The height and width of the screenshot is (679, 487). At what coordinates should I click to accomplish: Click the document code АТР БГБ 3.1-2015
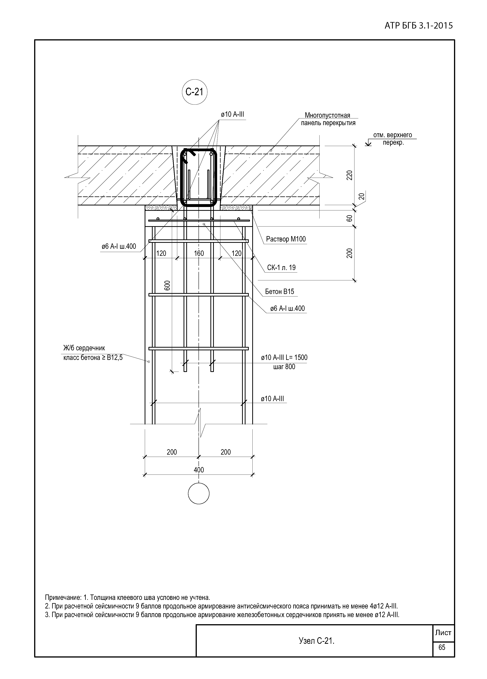pos(418,26)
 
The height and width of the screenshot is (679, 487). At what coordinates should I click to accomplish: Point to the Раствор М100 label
pos(286,239)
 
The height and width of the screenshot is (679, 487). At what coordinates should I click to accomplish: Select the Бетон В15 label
pos(279,291)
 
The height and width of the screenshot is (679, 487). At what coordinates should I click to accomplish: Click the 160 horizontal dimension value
pos(199,253)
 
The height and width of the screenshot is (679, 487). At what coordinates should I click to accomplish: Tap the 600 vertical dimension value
pos(167,285)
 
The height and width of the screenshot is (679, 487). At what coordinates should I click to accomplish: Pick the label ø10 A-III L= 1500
pos(284,357)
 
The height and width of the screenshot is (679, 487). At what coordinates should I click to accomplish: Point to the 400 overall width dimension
pos(199,470)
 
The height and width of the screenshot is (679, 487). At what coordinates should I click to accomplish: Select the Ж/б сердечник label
pos(84,348)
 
